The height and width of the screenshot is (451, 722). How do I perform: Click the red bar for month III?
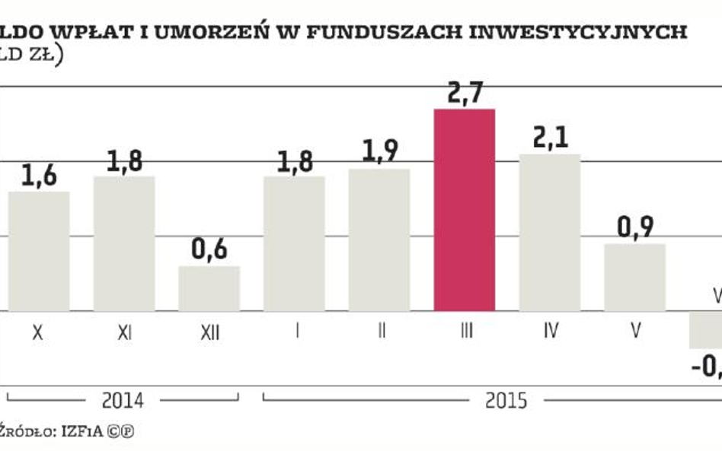point(465,210)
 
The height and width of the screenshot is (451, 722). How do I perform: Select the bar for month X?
point(39,251)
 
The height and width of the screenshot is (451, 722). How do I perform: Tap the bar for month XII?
point(209,288)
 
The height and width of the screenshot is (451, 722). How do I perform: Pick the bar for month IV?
point(550,233)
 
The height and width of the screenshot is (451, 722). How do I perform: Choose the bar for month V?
point(635,277)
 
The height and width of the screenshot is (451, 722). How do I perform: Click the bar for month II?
point(379,240)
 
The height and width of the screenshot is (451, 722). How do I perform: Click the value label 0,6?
point(209,250)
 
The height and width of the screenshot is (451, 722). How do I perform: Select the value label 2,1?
point(550,139)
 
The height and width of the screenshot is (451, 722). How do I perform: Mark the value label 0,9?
point(635,228)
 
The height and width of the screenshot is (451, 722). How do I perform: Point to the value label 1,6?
point(39,176)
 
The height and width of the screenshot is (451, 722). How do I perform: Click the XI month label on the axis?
point(124,332)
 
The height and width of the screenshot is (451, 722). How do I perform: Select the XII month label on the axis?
point(209,332)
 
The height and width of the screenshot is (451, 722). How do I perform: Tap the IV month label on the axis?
point(550,332)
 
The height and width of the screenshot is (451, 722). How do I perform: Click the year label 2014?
point(123,399)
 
